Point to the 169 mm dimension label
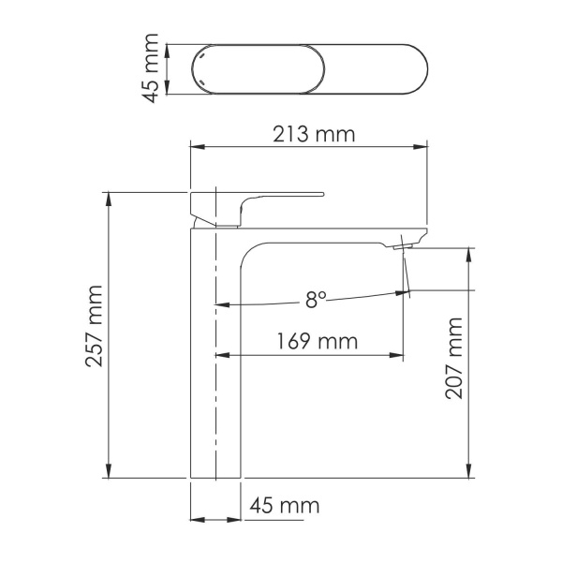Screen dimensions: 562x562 317,341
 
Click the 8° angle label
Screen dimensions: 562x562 316,300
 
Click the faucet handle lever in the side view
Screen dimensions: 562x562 281,197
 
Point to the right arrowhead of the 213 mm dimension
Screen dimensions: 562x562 422,146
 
